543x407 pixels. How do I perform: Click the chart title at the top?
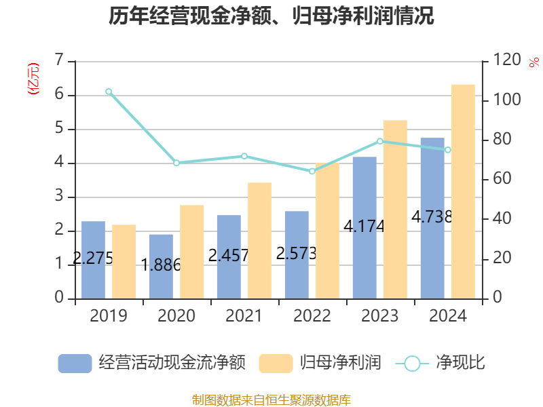click(271, 16)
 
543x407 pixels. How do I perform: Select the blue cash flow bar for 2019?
click(94, 260)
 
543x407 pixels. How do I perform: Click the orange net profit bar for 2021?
click(260, 240)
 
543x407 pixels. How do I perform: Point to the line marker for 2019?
click(109, 92)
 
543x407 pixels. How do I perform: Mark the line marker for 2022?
click(312, 171)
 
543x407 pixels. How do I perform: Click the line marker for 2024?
click(448, 150)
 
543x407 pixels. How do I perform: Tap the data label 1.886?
click(161, 265)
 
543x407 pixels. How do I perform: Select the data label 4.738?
click(432, 217)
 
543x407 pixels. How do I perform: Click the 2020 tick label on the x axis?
click(176, 316)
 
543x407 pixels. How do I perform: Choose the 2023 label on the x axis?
click(380, 316)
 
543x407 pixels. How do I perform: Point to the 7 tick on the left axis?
click(60, 61)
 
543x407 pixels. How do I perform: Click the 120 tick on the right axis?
click(502, 61)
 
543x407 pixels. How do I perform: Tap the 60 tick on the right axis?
click(499, 180)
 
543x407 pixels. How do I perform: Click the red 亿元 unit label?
click(33, 79)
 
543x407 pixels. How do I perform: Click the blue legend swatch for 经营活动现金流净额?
click(75, 363)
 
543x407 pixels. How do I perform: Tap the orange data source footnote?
click(271, 400)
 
